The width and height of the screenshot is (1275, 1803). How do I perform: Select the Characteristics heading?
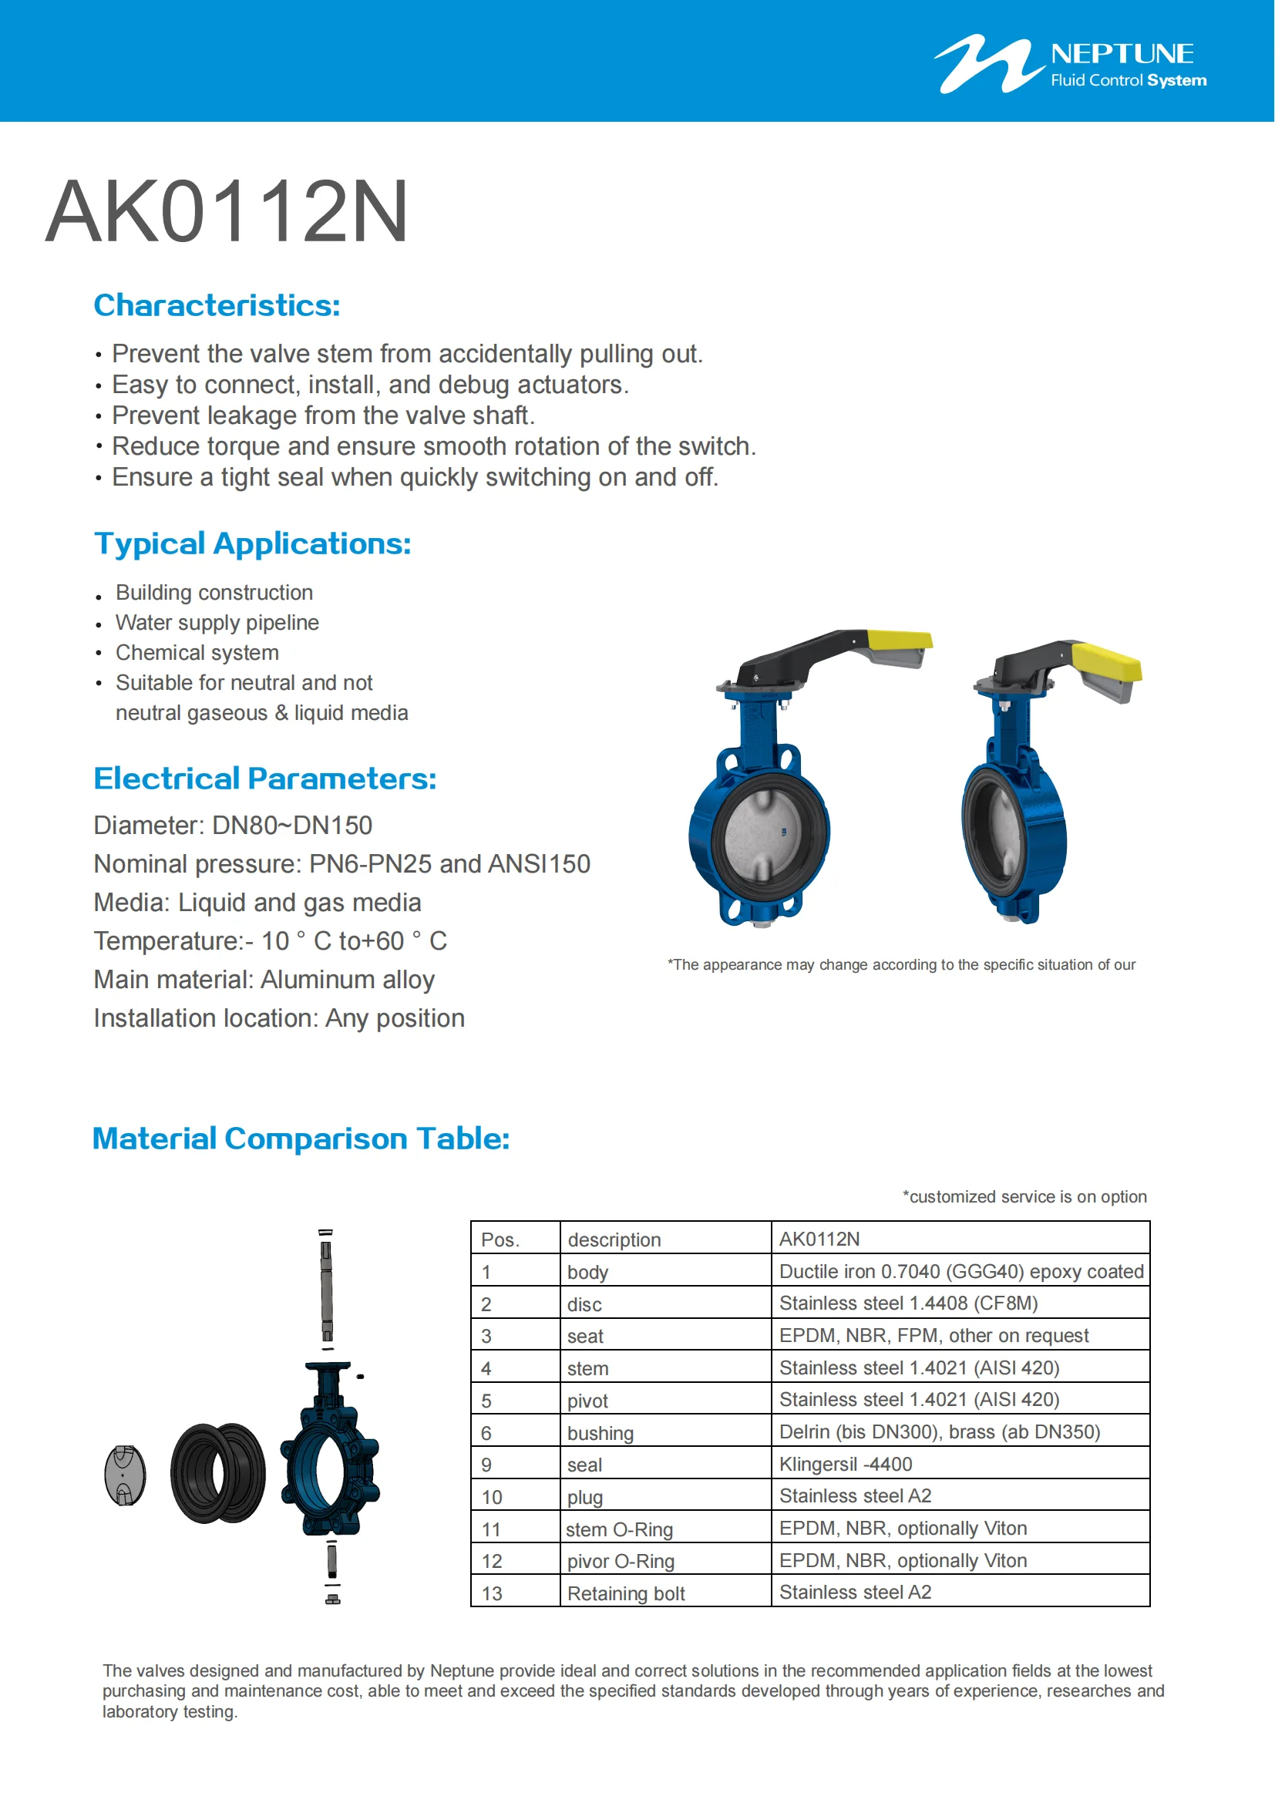pos(217,305)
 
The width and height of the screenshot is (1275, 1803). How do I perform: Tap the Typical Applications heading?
pos(252,543)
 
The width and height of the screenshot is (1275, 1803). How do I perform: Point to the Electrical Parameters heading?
pos(264,779)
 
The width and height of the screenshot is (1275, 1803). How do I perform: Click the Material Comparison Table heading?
pos(301,1138)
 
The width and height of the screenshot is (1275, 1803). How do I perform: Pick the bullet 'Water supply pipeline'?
pos(217,623)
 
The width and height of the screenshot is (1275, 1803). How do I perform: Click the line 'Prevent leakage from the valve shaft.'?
pos(323,415)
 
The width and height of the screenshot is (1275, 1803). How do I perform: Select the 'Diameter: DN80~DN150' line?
pos(232,826)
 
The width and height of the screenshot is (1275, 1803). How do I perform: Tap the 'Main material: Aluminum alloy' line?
pos(264,979)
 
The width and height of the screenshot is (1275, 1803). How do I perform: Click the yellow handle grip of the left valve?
pos(900,639)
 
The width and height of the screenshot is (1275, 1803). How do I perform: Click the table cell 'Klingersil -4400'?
pos(846,1464)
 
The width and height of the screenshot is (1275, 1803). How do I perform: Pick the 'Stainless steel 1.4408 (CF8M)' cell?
pos(908,1303)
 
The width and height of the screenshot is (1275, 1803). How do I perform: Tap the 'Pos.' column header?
pos(500,1240)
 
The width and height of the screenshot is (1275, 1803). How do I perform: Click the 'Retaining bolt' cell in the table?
pos(626,1593)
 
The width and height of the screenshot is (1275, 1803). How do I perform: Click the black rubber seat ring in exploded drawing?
pos(217,1473)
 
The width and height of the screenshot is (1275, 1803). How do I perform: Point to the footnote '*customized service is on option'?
pos(1024,1197)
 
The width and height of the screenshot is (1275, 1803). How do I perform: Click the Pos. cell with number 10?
pos(492,1497)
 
